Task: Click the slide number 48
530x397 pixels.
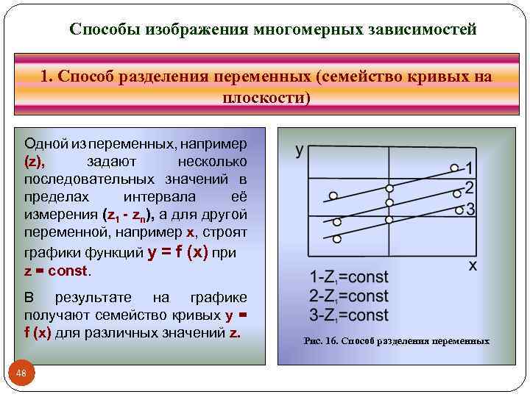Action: (21, 374)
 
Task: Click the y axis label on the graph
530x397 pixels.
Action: (300, 150)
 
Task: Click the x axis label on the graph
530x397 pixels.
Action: (473, 265)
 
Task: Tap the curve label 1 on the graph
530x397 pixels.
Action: (469, 168)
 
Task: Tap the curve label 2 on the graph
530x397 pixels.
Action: (469, 187)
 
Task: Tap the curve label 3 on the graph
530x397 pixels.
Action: (470, 210)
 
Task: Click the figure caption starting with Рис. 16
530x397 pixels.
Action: (396, 341)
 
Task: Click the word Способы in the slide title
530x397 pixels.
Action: (105, 30)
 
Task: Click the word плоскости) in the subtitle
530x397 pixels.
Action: (266, 98)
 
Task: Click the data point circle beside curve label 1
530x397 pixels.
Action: (454, 168)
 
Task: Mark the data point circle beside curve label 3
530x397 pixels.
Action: (458, 210)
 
